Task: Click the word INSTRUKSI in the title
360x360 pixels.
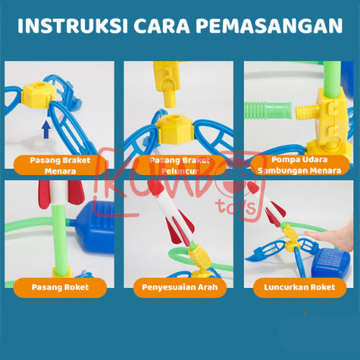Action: (69, 26)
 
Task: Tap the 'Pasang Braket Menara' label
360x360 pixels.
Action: (60, 164)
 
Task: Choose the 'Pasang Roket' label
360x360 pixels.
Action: (60, 287)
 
